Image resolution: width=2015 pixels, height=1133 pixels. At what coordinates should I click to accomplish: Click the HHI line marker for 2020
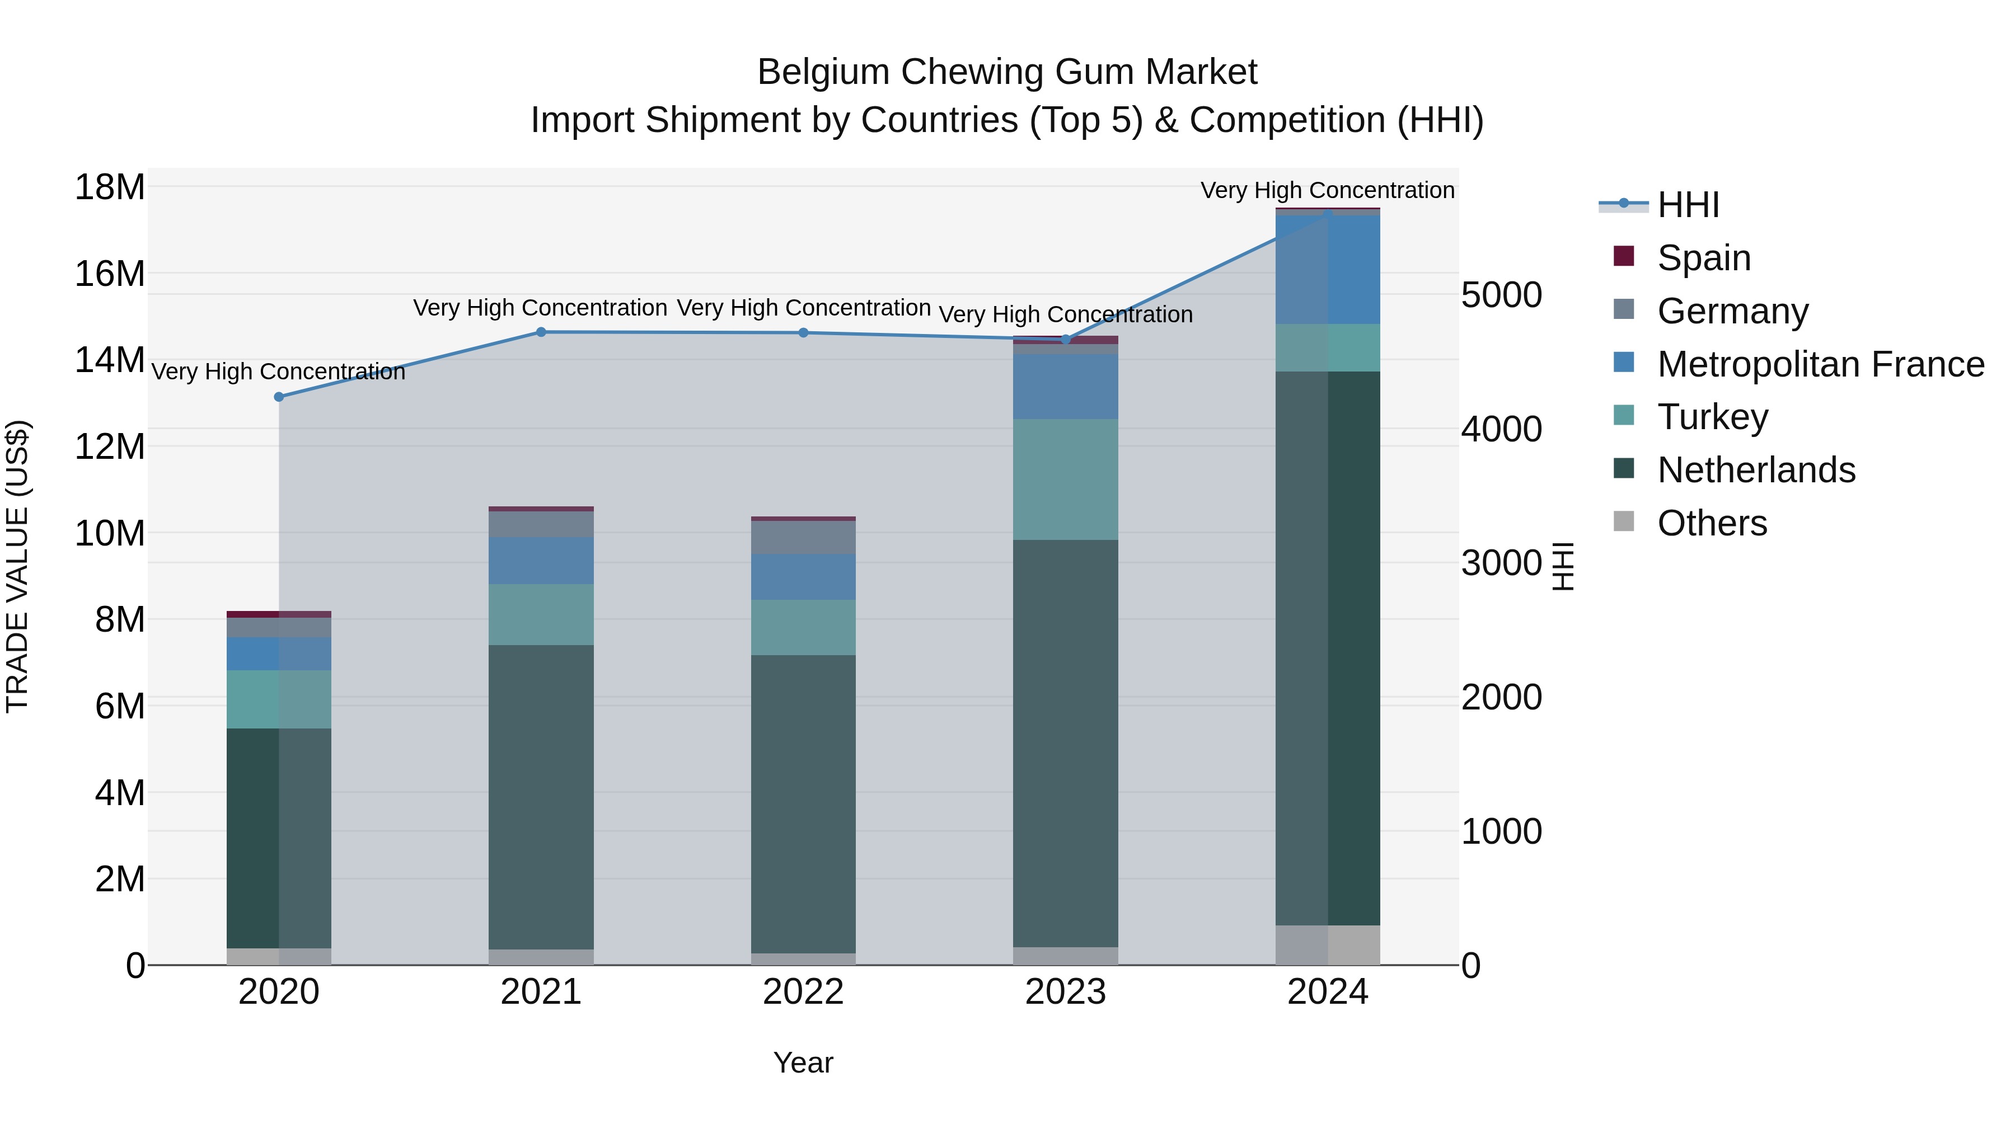coord(279,397)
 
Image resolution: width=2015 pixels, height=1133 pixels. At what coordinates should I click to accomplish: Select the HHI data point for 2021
coord(541,332)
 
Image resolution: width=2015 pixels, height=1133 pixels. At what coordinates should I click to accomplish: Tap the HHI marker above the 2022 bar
coord(803,333)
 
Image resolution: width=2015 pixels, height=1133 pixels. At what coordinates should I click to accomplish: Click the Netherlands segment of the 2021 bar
coord(541,797)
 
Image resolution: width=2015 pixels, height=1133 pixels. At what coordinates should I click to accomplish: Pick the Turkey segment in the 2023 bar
coord(1065,479)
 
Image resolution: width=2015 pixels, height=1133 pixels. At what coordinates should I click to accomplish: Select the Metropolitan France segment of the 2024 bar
coord(1328,270)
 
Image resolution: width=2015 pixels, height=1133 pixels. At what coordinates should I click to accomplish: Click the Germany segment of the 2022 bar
coord(803,538)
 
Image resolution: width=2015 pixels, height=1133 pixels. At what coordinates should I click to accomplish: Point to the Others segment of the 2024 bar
coord(1328,946)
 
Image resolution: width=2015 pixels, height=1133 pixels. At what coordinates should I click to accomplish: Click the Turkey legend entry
coord(1712,417)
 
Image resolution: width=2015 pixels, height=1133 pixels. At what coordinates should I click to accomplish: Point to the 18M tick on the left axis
coord(110,187)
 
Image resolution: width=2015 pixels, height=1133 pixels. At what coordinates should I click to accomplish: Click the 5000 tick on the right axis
coord(1501,295)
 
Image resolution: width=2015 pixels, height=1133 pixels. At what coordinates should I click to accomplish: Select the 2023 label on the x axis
coord(1065,992)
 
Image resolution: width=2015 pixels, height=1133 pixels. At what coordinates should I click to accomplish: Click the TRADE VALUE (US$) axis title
coord(17,566)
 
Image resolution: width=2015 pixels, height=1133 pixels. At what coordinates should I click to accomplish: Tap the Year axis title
coord(803,1063)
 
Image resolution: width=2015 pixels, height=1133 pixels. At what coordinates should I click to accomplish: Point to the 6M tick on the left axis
coord(120,706)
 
